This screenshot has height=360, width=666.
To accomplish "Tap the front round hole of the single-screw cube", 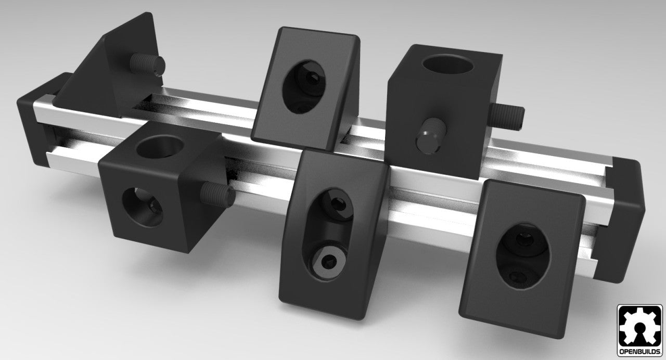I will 142,208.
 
